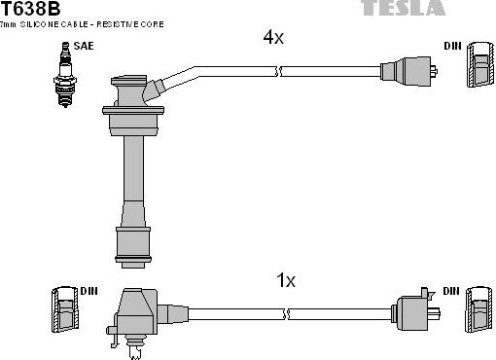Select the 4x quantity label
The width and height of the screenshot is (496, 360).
[273, 39]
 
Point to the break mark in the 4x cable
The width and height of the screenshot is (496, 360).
[279, 71]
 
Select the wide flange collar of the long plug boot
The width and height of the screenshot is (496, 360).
[131, 126]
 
